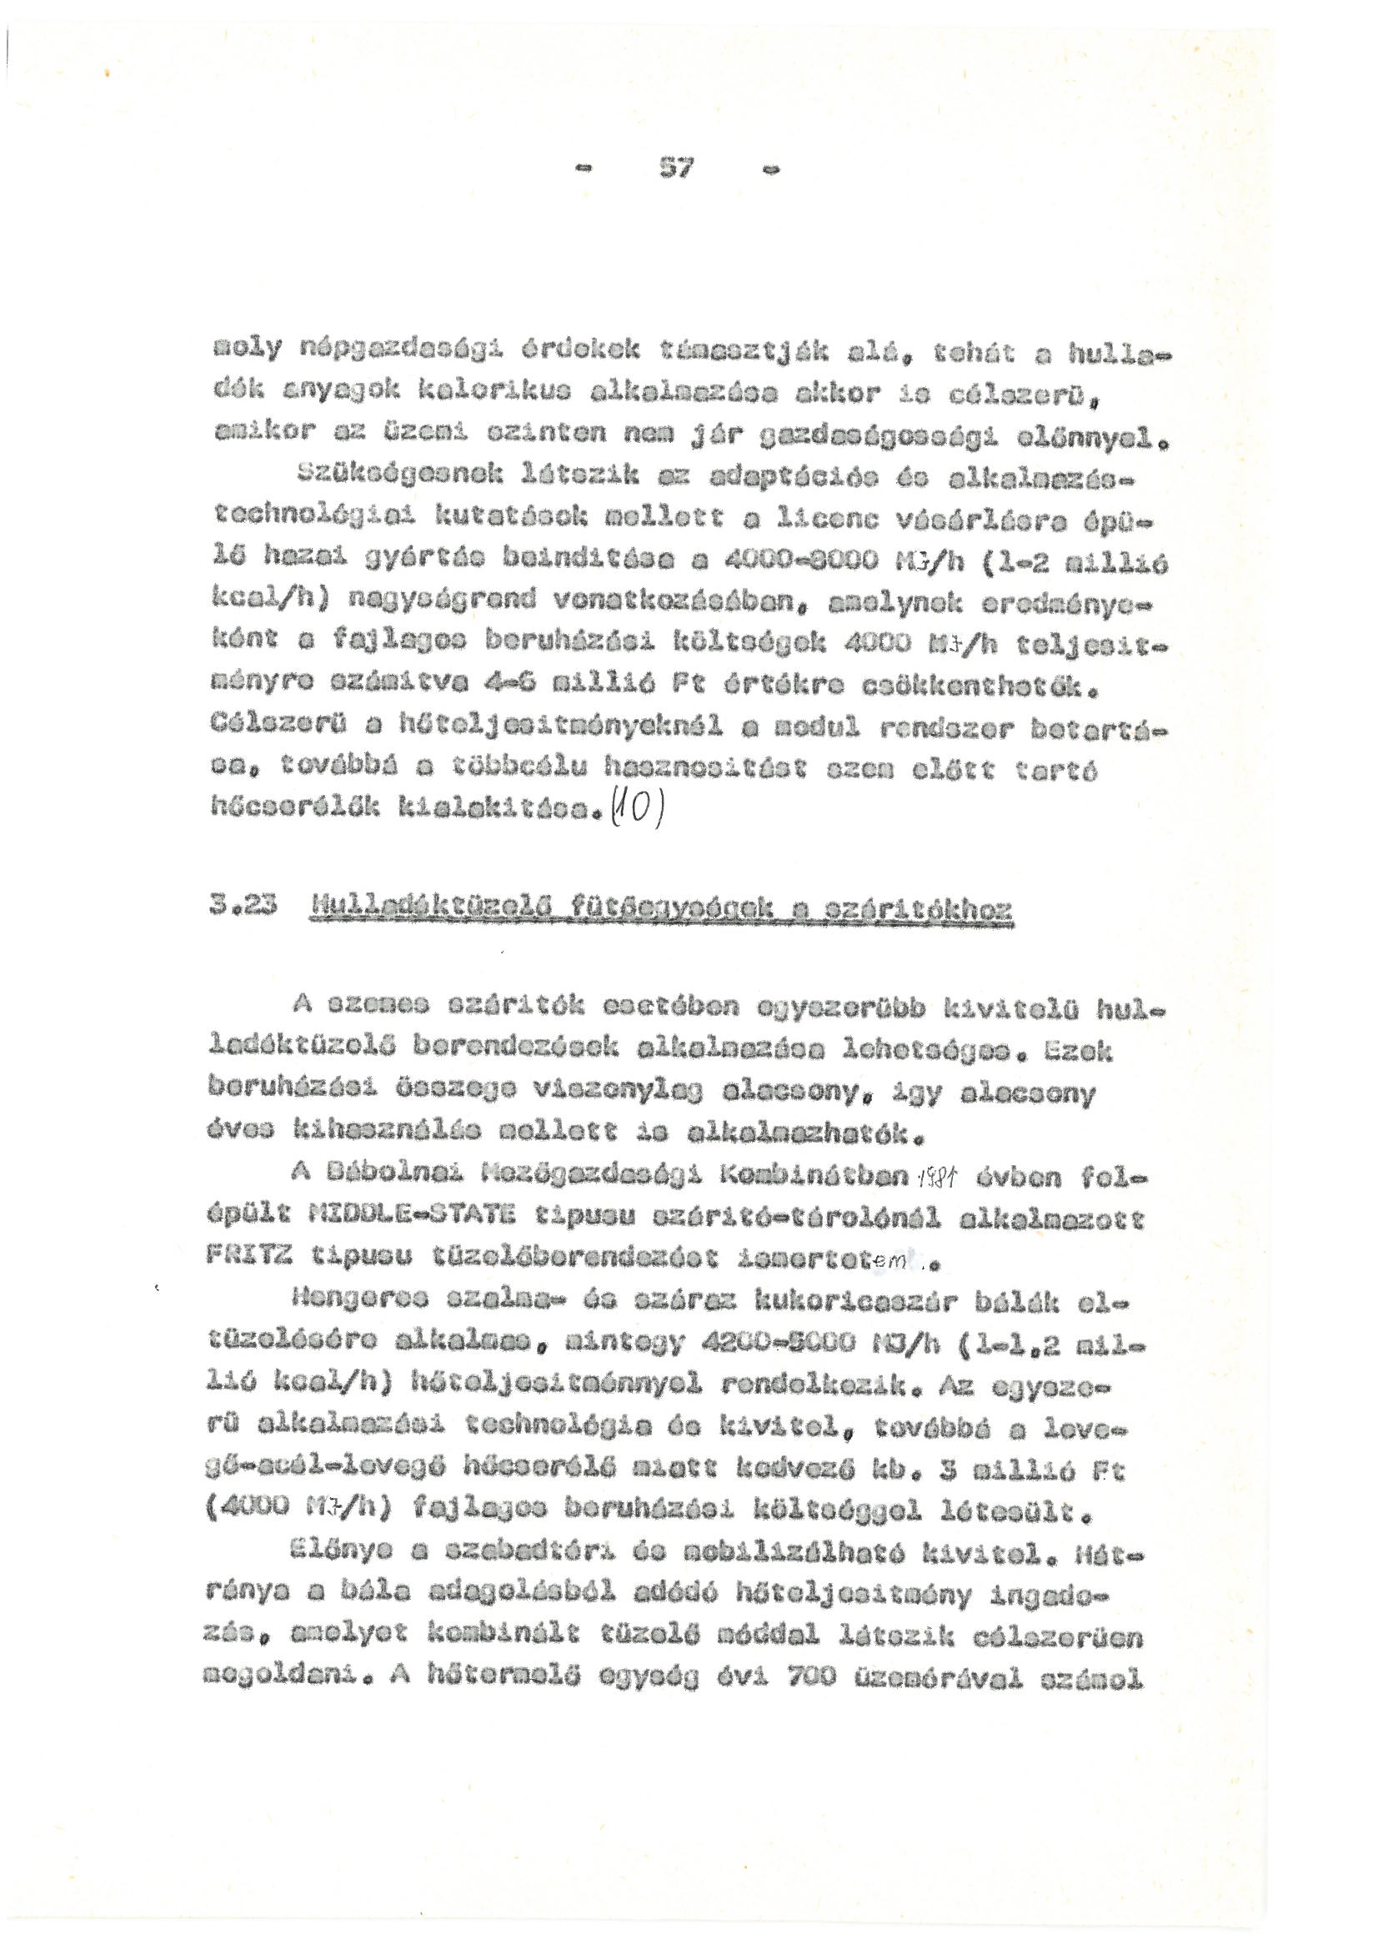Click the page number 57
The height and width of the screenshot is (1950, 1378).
[x=676, y=169]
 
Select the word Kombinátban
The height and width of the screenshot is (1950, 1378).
[x=815, y=1179]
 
